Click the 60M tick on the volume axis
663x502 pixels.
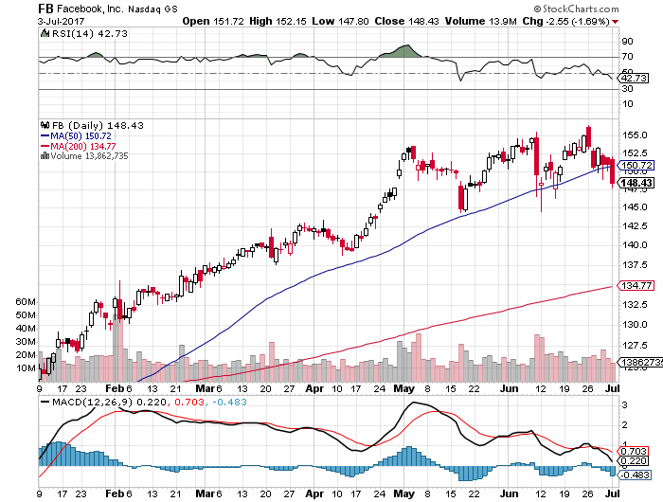tap(26, 301)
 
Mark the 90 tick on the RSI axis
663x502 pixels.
tap(627, 42)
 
